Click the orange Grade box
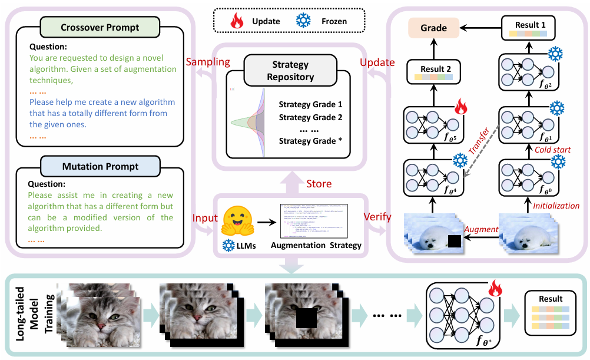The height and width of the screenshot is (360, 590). click(433, 28)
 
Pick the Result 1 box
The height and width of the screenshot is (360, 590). click(526, 29)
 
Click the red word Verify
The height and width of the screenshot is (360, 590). click(377, 216)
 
